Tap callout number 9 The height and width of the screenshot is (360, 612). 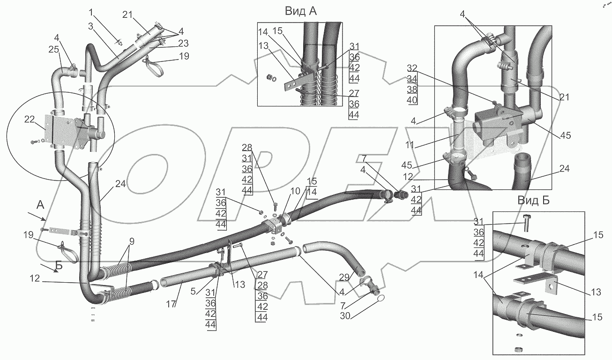pyautogui.click(x=132, y=241)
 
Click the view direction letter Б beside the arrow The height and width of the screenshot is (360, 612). pyautogui.click(x=59, y=266)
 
